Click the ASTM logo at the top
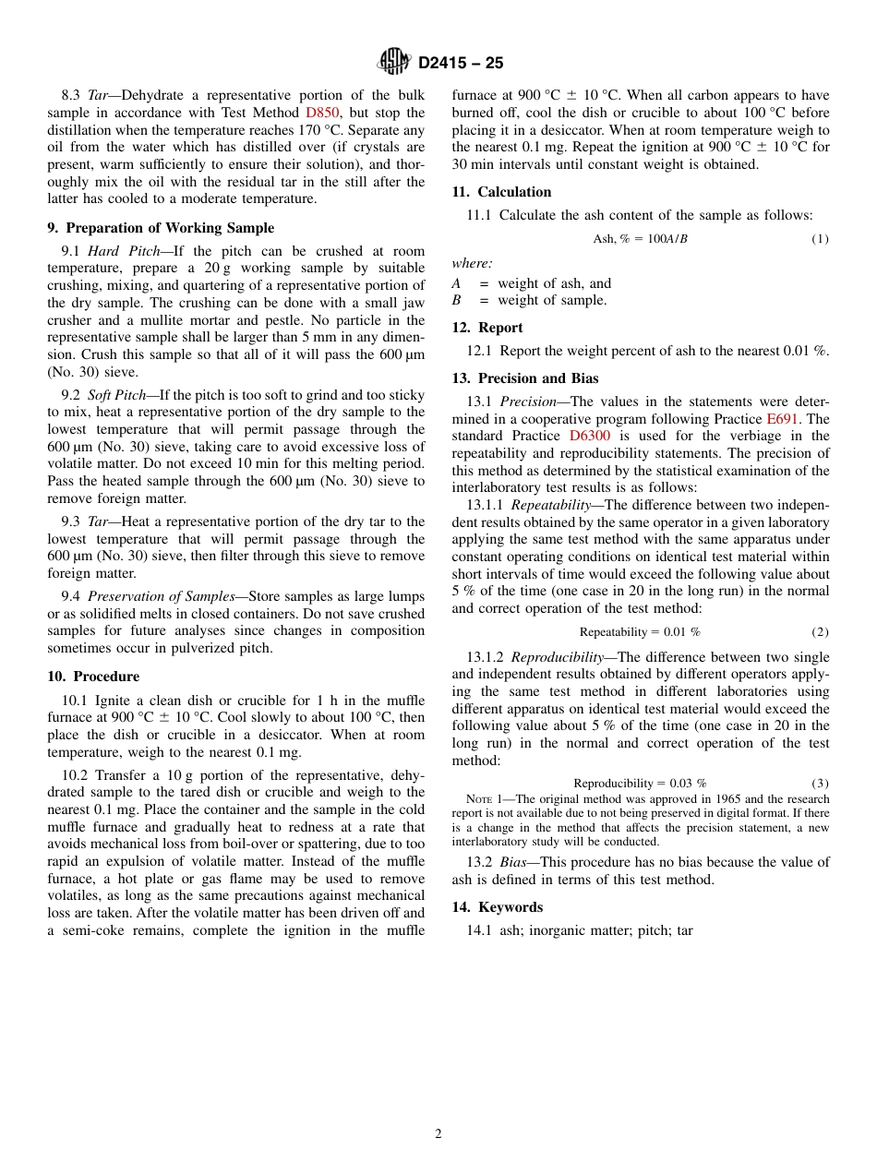[394, 62]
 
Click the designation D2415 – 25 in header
[460, 63]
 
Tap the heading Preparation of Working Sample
[161, 228]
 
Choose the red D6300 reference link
[589, 436]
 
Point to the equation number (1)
[820, 239]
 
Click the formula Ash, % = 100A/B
[640, 239]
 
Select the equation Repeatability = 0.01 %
[640, 632]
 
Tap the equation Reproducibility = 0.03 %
[640, 783]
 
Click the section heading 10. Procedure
[93, 677]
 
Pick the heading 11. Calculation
[501, 192]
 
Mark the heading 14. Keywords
[497, 907]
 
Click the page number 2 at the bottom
[438, 1134]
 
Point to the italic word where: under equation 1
[472, 263]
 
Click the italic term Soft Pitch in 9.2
[116, 395]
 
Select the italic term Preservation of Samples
[162, 596]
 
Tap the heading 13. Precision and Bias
[524, 378]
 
